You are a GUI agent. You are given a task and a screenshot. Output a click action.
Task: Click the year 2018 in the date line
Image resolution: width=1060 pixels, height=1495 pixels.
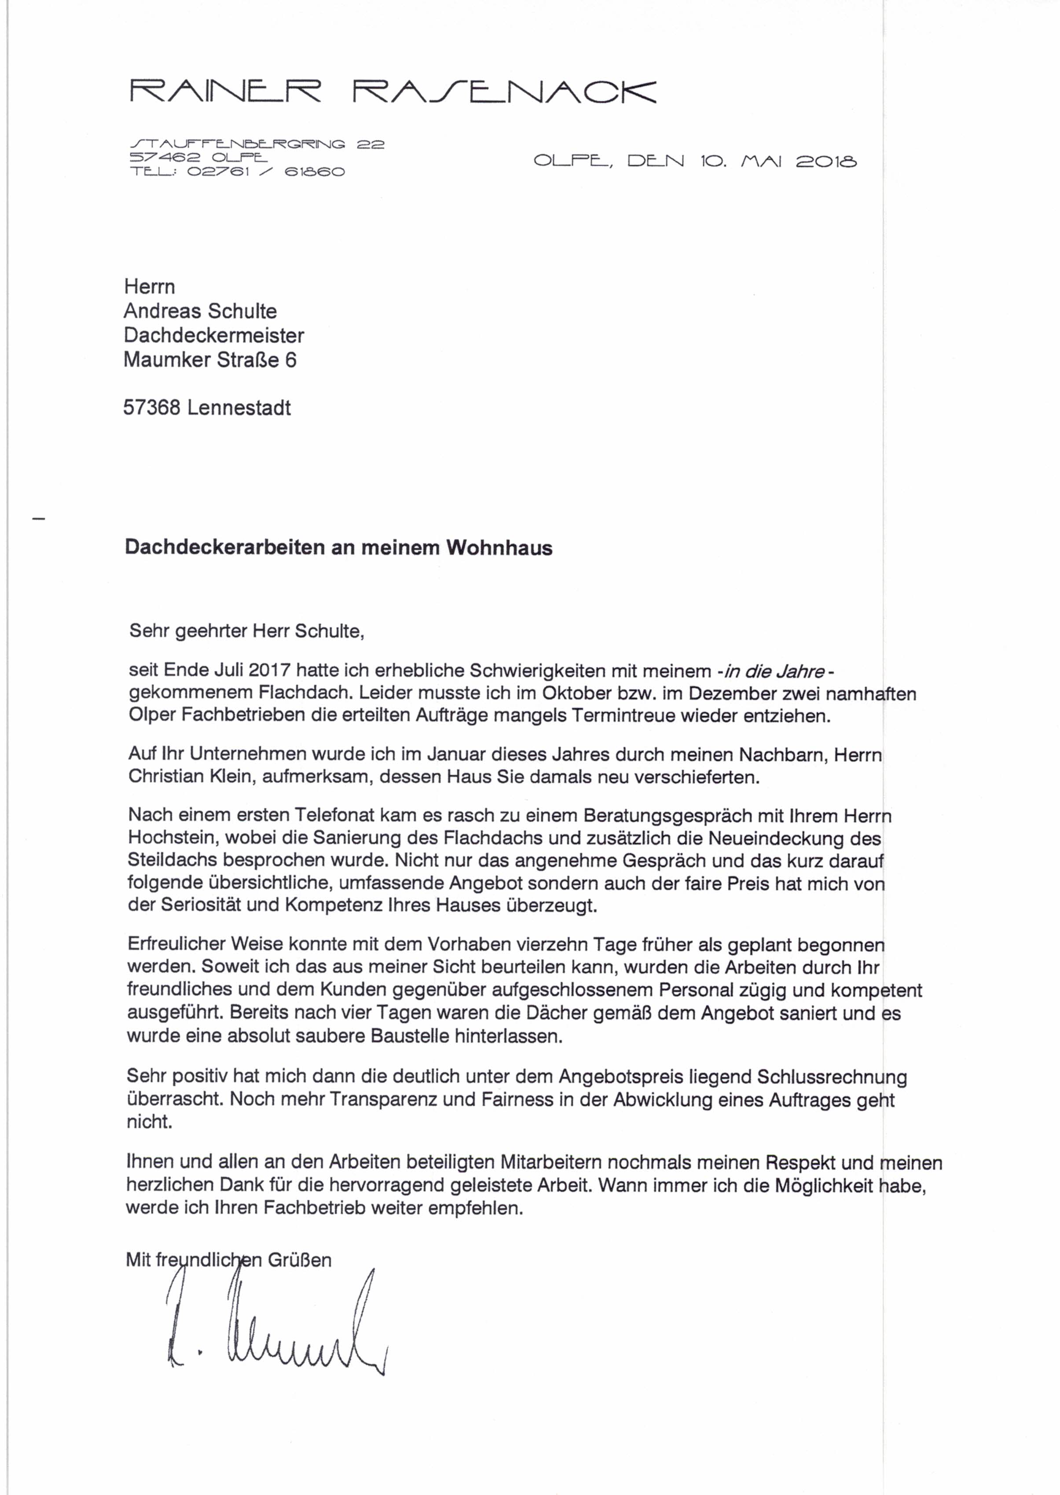[825, 161]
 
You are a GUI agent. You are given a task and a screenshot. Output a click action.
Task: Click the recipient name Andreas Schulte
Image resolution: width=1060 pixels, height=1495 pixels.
[200, 311]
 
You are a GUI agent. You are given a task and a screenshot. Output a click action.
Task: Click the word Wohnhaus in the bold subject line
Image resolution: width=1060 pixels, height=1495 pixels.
[499, 547]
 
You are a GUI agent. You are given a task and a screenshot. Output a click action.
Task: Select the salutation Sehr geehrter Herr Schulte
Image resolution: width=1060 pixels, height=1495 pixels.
[247, 631]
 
